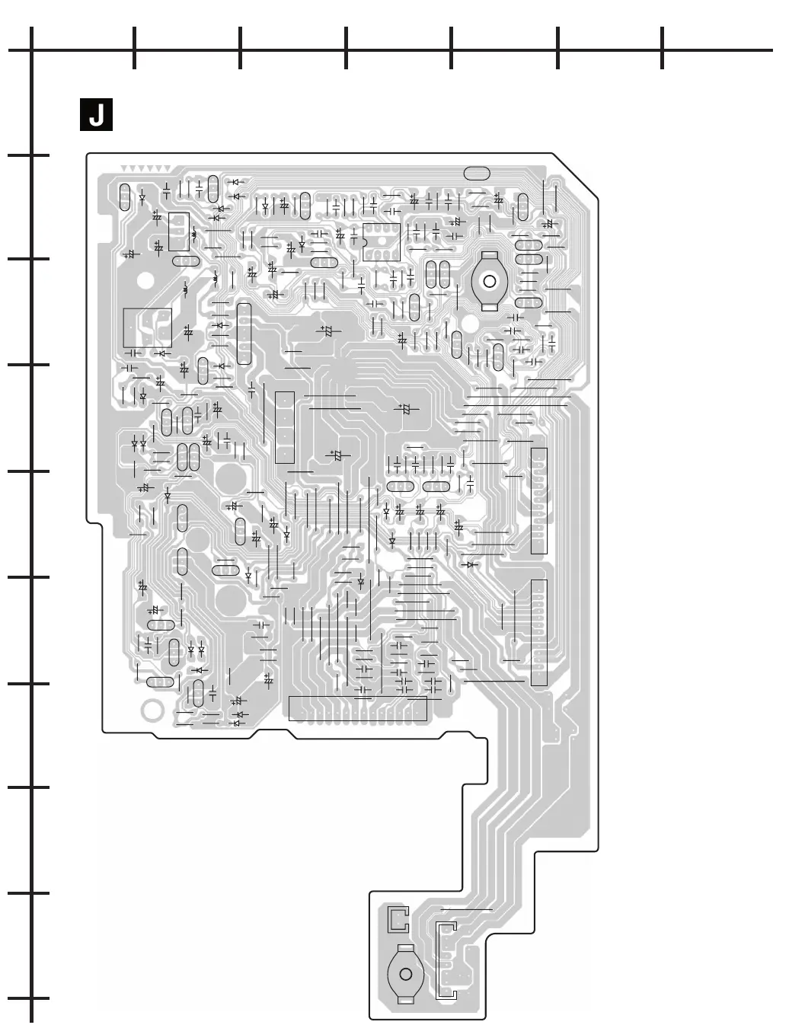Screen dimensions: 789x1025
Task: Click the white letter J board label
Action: [96, 115]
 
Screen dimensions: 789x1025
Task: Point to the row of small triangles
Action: [145, 168]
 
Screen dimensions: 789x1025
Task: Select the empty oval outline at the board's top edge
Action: [476, 173]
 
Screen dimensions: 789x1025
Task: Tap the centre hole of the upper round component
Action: [490, 282]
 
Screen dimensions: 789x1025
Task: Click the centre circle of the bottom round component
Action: [406, 974]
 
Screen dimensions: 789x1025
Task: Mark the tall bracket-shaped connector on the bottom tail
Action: [446, 960]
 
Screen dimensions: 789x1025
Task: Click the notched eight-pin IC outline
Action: [381, 242]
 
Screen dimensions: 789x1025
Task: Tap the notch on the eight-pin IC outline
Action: [364, 242]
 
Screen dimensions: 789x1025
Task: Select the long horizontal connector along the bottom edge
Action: [358, 708]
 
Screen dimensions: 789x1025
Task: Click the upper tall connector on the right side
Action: [538, 500]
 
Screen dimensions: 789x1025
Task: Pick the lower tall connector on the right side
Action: [538, 632]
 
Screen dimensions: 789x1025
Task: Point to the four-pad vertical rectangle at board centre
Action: [284, 426]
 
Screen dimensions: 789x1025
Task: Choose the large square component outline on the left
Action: [148, 327]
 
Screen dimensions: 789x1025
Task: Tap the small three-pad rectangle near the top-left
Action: [179, 231]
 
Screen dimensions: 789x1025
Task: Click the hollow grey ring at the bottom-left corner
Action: [152, 710]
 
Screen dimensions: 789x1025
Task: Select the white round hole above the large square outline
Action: [145, 280]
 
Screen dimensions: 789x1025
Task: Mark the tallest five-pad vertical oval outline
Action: [244, 334]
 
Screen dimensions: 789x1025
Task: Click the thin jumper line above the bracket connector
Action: [465, 910]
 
